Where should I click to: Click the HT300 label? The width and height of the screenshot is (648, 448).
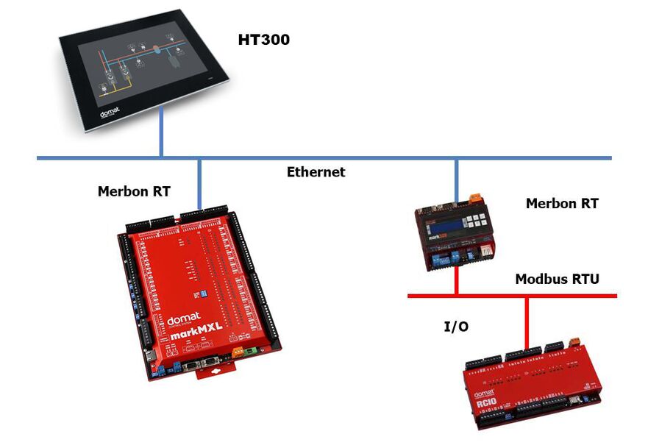263,40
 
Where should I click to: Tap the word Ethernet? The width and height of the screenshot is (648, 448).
316,172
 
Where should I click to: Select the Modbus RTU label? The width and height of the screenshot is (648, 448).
557,279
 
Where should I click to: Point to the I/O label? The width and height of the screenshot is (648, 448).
456,326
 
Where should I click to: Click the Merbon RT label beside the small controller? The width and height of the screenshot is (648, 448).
562,203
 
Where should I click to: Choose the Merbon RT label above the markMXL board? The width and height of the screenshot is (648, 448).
134,191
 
